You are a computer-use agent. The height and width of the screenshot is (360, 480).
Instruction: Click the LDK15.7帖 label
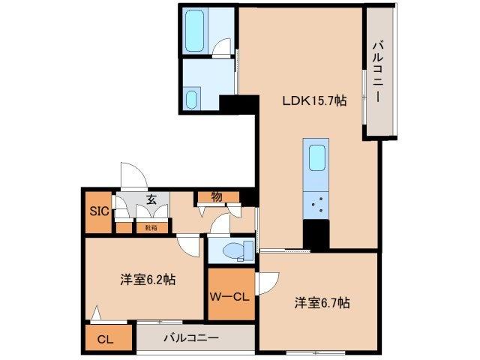[313, 101]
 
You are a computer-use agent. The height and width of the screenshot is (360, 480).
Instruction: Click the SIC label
[97, 211]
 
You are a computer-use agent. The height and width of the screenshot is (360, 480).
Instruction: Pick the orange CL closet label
[104, 338]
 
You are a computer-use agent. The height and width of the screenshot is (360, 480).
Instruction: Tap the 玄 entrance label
[151, 199]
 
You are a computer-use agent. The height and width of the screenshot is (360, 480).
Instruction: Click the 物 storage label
[217, 196]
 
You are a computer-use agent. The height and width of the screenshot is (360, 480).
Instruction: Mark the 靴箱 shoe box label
[150, 226]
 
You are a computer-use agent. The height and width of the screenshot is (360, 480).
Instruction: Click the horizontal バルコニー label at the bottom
[190, 337]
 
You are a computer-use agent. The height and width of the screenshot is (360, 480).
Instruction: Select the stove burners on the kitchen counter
[316, 202]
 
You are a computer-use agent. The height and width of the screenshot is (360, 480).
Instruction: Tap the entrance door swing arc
[133, 176]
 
